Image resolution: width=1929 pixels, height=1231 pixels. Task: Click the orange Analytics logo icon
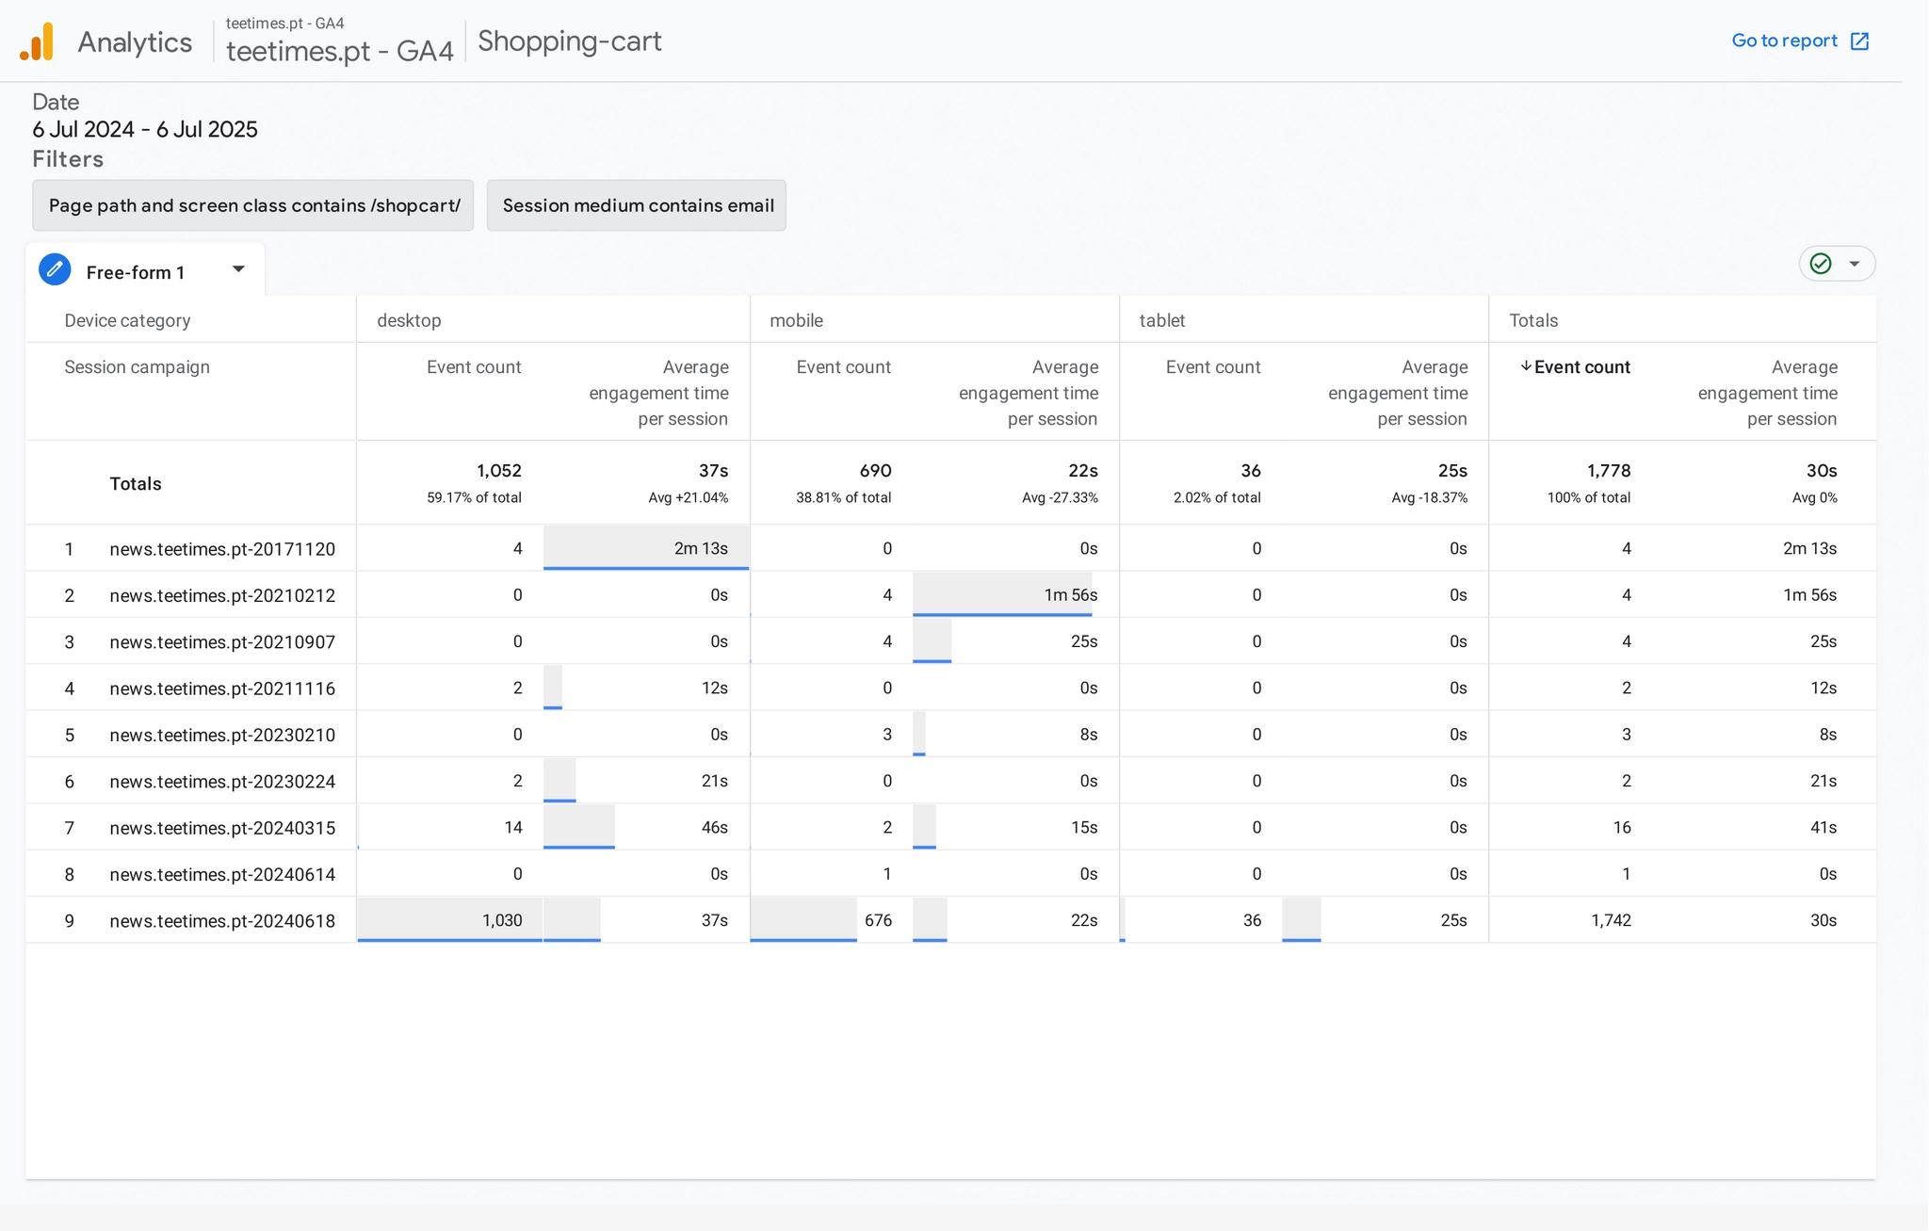coord(38,42)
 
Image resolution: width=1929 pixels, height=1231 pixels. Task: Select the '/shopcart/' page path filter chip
coord(253,205)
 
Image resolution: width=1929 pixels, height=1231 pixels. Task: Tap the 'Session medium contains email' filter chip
coord(637,205)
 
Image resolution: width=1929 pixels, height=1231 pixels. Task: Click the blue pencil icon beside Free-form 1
coord(55,270)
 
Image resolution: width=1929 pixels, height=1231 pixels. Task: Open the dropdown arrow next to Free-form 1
coord(238,269)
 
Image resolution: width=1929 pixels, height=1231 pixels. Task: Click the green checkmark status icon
coord(1821,264)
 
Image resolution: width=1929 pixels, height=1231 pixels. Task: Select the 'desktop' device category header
coord(409,320)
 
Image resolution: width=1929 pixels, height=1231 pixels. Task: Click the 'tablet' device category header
coord(1161,320)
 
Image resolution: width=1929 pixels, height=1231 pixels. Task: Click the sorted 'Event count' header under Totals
coord(1580,367)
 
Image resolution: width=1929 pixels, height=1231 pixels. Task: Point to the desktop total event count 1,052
coord(498,471)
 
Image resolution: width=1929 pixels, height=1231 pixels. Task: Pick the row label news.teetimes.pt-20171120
coord(222,549)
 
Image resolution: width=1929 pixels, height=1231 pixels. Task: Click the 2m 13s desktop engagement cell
coord(700,549)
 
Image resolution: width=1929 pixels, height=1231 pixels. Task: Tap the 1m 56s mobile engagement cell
coord(1070,595)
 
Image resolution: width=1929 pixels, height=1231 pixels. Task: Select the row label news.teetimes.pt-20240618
coord(222,921)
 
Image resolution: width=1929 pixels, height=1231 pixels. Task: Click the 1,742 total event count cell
coord(1611,921)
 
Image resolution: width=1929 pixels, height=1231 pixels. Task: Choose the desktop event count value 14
coord(512,828)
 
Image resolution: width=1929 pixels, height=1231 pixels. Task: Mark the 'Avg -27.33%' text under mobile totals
coord(1060,498)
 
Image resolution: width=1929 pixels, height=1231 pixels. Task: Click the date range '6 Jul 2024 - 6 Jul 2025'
coord(145,130)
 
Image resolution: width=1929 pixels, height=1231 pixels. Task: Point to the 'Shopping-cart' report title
coord(570,41)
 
